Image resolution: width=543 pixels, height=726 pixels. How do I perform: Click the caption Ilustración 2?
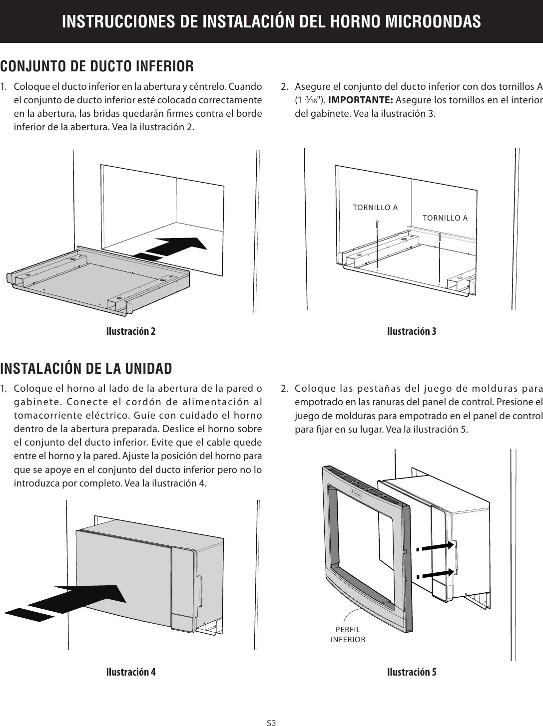(130, 332)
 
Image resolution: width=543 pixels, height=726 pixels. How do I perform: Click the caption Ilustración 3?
(412, 332)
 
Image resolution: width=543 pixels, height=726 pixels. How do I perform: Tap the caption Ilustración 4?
(130, 672)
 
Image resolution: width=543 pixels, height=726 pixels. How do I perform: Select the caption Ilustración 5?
(412, 672)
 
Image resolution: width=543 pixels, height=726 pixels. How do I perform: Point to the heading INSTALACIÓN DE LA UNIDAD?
(86, 368)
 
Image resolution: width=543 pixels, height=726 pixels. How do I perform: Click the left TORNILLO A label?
(375, 207)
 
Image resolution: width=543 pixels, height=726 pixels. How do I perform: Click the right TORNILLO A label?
(445, 218)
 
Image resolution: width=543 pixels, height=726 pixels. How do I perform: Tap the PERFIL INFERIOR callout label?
(348, 634)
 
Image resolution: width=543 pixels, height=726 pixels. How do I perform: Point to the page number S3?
(271, 722)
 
